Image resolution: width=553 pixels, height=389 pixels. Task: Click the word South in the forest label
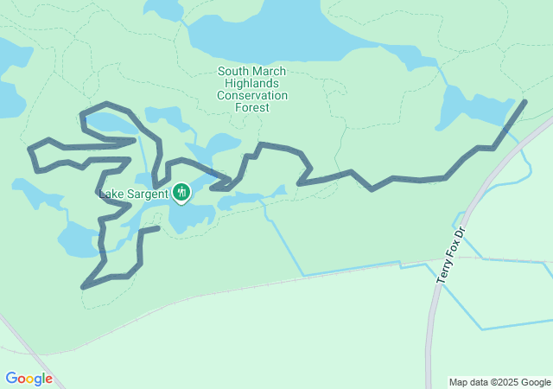[x=233, y=72]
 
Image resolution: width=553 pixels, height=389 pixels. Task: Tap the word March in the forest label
[x=270, y=72]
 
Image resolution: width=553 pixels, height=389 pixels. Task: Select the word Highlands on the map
[x=252, y=84]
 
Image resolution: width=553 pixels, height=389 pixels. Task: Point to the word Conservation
[x=252, y=96]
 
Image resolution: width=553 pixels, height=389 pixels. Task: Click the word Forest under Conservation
[x=252, y=108]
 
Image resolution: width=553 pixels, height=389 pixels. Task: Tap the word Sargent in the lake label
[x=149, y=193]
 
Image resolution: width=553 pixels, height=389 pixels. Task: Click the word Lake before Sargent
[x=112, y=193]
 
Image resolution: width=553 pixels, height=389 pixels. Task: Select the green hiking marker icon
[x=181, y=192]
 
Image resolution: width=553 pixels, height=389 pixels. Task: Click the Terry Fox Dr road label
[x=450, y=255]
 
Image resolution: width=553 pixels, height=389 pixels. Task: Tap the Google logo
[x=29, y=379]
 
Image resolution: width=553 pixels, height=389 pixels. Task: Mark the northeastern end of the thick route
[x=524, y=102]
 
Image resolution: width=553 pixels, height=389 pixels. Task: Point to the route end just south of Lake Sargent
[x=159, y=228]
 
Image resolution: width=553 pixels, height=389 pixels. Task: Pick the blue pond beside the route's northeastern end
[x=471, y=108]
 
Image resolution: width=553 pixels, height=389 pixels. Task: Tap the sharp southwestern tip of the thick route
[x=83, y=287]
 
